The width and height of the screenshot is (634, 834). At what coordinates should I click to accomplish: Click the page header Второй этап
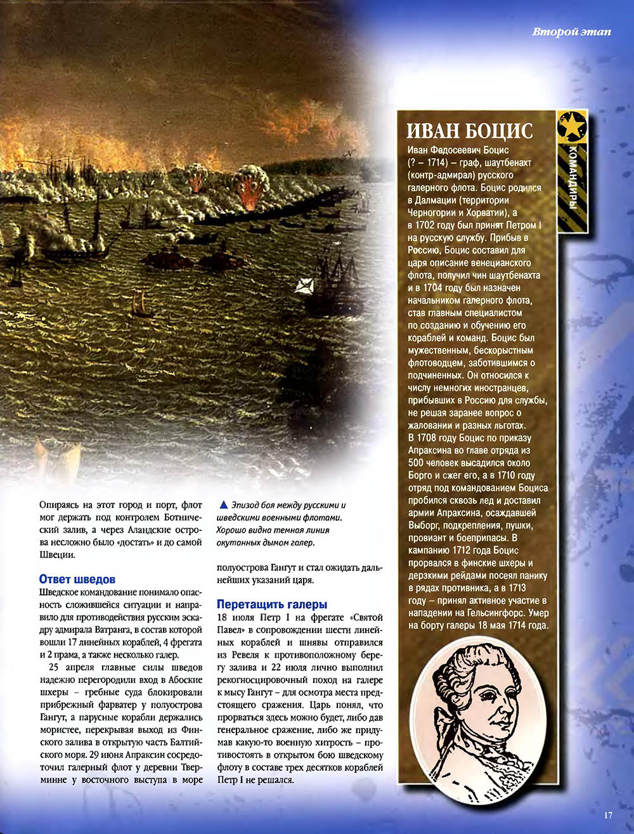571,32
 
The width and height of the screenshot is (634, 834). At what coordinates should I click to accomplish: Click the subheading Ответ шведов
77,580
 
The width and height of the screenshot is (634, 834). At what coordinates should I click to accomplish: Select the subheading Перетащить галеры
272,604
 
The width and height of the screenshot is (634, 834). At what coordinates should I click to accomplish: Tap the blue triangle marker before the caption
222,505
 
